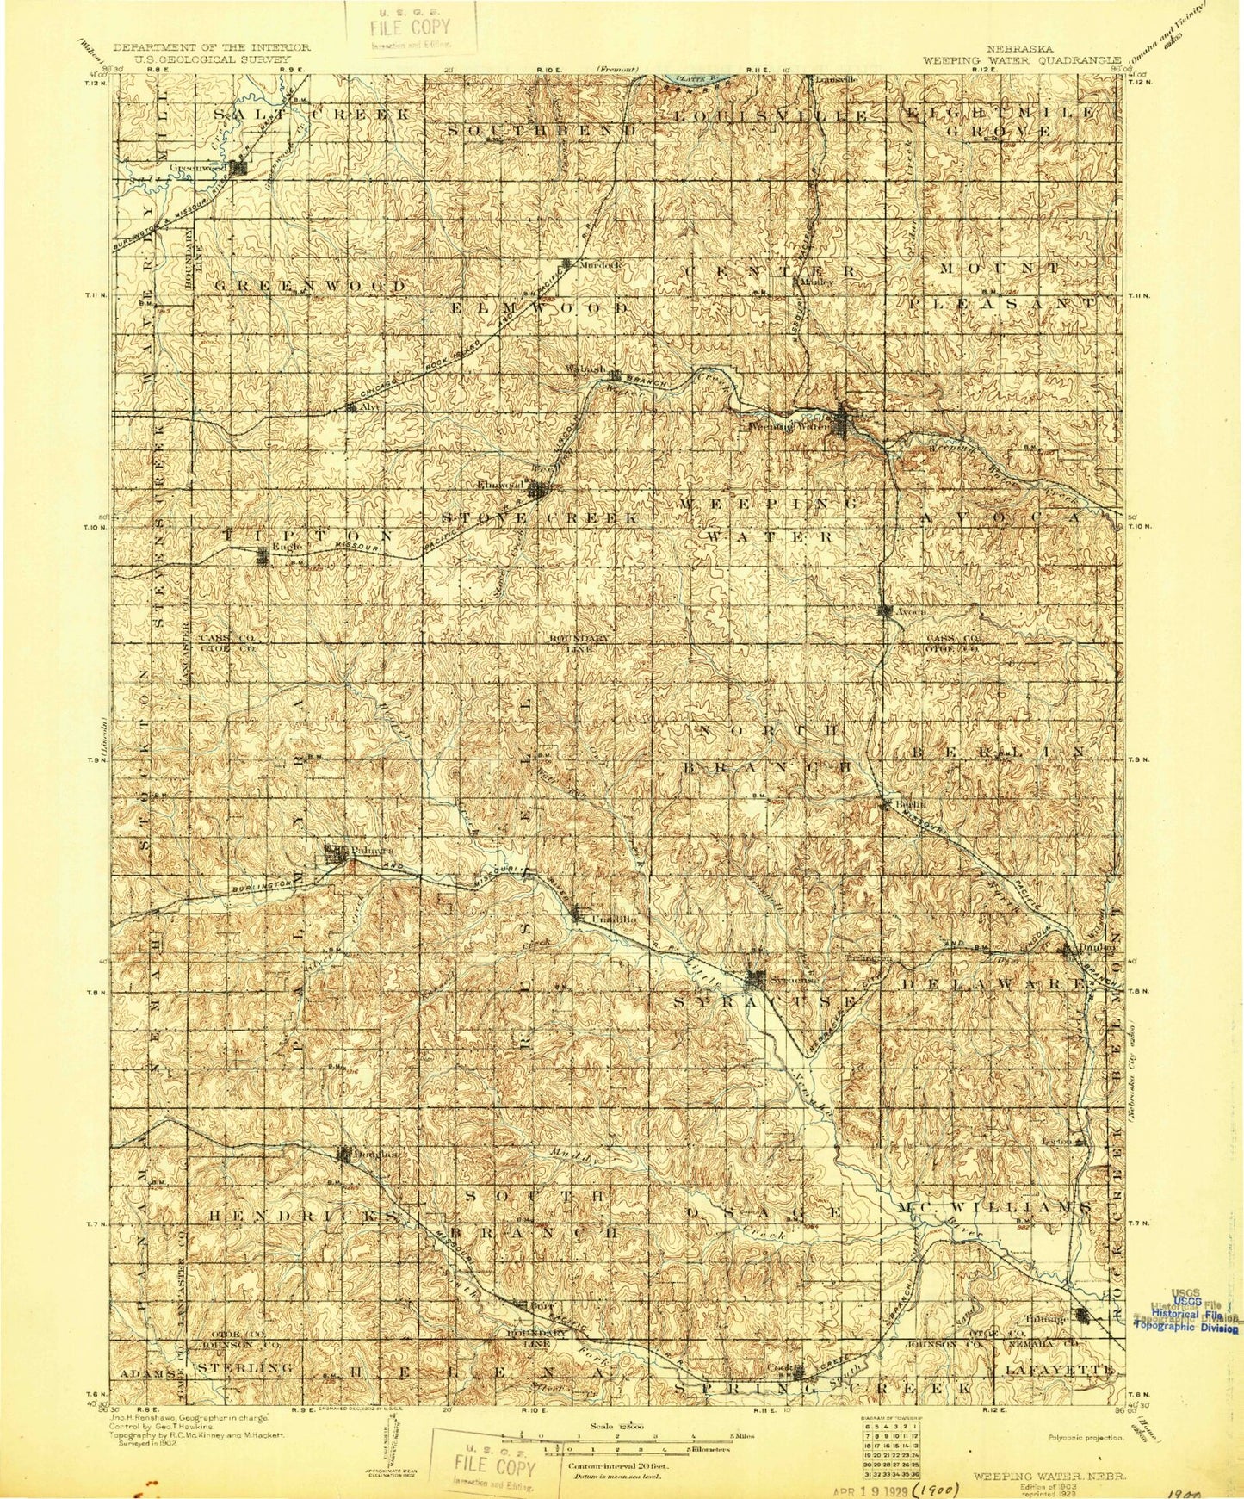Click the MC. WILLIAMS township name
995,1208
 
